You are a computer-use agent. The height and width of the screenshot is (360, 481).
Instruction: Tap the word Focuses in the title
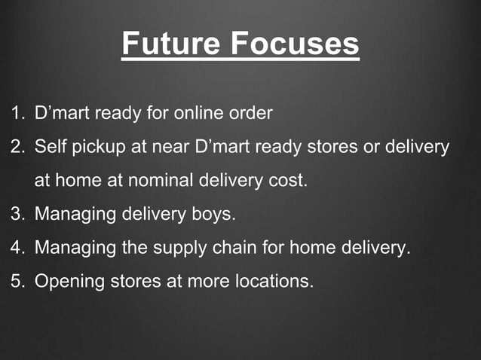[x=295, y=44]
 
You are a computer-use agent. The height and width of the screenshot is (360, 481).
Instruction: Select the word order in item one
[x=251, y=114]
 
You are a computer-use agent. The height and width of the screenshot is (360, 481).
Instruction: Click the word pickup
[x=100, y=147]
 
